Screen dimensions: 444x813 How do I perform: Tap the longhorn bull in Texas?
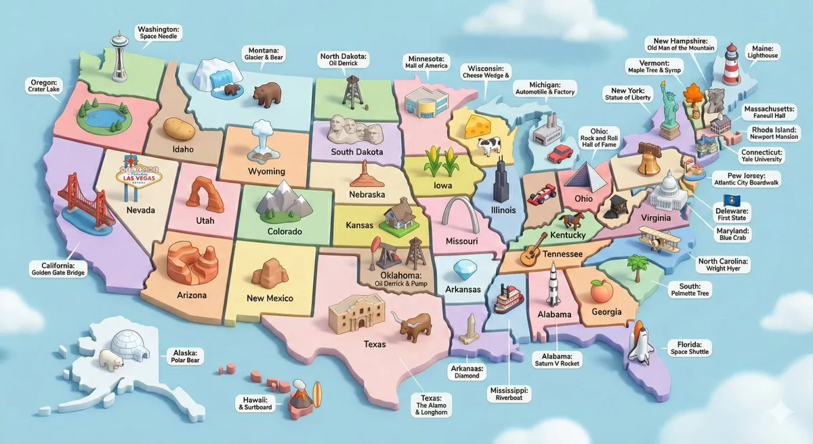pyautogui.click(x=414, y=326)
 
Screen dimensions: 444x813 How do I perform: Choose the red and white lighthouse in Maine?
pyautogui.click(x=730, y=64)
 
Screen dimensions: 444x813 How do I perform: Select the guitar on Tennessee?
pyautogui.click(x=533, y=250)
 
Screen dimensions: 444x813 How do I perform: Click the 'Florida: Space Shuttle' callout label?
pyautogui.click(x=690, y=348)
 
